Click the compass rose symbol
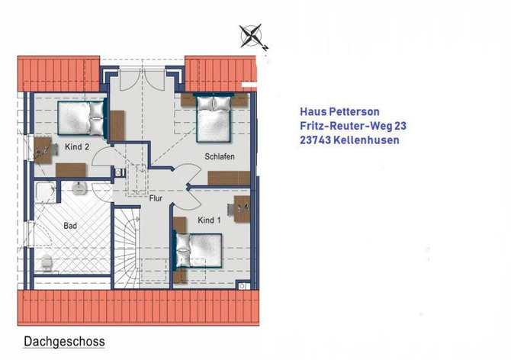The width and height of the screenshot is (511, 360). [x=251, y=36]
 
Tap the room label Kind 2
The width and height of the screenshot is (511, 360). [x=77, y=146]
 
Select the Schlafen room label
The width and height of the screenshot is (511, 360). [x=219, y=156]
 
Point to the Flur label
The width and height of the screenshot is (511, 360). [x=156, y=198]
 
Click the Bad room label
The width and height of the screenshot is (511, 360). [x=70, y=226]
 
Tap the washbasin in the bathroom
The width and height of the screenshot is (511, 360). [x=79, y=187]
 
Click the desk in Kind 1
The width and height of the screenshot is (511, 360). [x=242, y=210]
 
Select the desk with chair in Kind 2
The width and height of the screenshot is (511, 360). [x=41, y=149]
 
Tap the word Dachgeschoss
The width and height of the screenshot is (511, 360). [x=64, y=342]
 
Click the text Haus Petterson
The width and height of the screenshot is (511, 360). [x=339, y=112]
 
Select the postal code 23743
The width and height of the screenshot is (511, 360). [x=317, y=140]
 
